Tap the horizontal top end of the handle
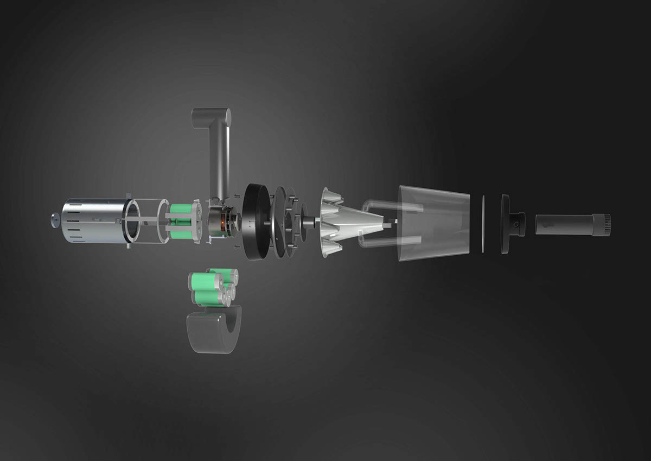[212, 115]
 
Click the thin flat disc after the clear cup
[482, 223]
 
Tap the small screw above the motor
[237, 196]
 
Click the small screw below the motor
[237, 247]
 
